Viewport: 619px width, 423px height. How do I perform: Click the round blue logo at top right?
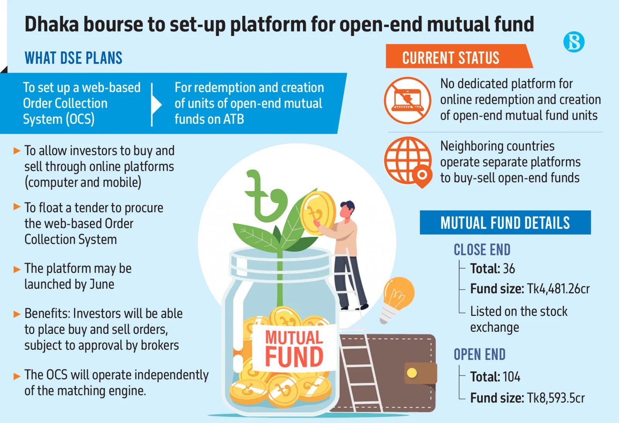(x=574, y=42)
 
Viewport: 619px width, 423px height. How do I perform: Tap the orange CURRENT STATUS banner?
(x=459, y=56)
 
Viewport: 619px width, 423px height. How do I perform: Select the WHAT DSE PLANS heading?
(x=74, y=58)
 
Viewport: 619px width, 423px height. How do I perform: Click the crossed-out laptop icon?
(x=408, y=100)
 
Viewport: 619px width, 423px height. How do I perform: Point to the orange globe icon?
(x=408, y=162)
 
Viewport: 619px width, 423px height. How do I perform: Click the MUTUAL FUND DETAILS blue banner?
(x=505, y=223)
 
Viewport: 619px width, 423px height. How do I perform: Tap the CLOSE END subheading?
(x=482, y=250)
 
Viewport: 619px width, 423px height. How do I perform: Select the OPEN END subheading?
(x=479, y=354)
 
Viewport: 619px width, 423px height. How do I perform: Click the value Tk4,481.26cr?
(x=558, y=289)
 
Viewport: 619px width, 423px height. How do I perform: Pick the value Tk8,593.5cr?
(x=556, y=398)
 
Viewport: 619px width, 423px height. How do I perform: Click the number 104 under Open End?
(x=511, y=377)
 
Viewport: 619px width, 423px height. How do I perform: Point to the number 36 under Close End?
(x=509, y=268)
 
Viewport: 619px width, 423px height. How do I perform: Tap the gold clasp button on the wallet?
(x=412, y=373)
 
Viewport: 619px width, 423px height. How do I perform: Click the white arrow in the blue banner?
(x=156, y=104)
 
